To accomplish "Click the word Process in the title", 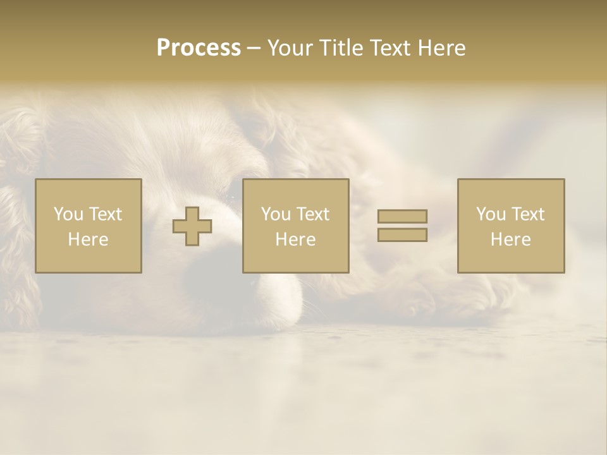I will point(199,48).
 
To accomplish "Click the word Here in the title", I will point(442,48).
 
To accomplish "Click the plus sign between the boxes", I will point(192,226).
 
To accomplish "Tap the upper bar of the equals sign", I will point(402,216).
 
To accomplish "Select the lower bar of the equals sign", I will point(402,234).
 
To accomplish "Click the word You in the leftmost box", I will point(68,214).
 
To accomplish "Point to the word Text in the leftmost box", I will point(105,214).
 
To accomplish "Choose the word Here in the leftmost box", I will point(88,240).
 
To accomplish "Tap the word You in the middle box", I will point(276,214).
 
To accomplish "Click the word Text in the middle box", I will point(312,214).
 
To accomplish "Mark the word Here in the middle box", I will point(295,240).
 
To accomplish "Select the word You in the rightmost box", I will point(491,214).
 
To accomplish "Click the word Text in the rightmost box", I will point(527,214).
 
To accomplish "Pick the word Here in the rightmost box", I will point(510,240).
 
